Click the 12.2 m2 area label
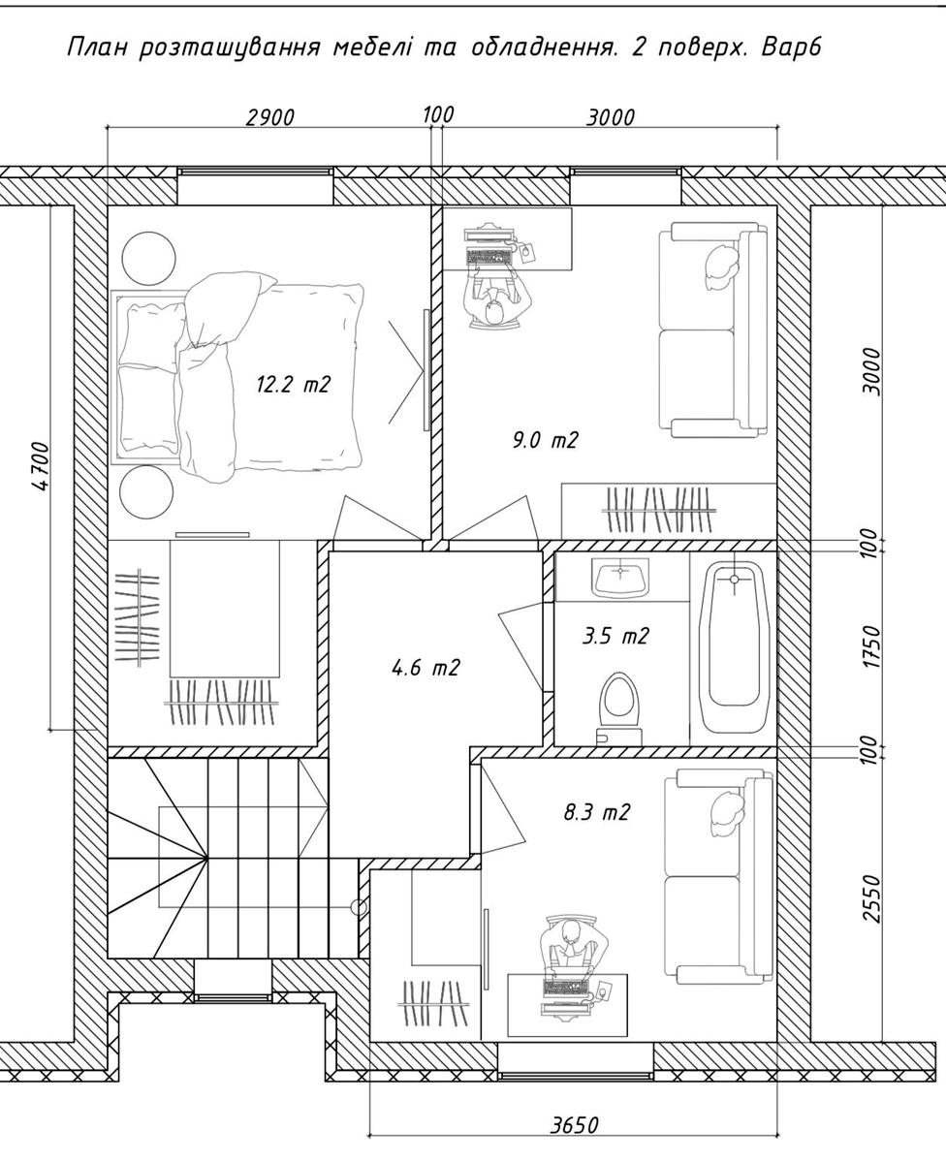[294, 385]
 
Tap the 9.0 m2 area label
[544, 440]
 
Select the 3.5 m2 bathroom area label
[615, 636]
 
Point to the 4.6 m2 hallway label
[426, 667]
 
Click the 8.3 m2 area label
[597, 812]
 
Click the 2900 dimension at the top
[269, 117]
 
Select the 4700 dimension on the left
[40, 467]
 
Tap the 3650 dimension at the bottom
[574, 1121]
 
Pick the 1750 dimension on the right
[872, 646]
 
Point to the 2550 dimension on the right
[872, 898]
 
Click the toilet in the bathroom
[619, 708]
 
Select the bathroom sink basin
[620, 577]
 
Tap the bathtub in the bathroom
[734, 649]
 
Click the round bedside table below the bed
[146, 491]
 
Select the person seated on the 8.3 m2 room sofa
[727, 813]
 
